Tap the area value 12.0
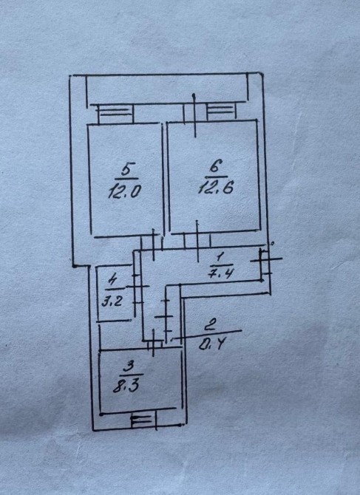[124, 191]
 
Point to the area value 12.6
[217, 188]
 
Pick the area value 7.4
[220, 272]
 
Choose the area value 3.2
[112, 301]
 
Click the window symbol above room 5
[115, 114]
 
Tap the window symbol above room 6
[221, 112]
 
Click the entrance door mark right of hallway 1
[265, 261]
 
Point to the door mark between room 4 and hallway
[137, 287]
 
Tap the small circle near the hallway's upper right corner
[272, 243]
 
